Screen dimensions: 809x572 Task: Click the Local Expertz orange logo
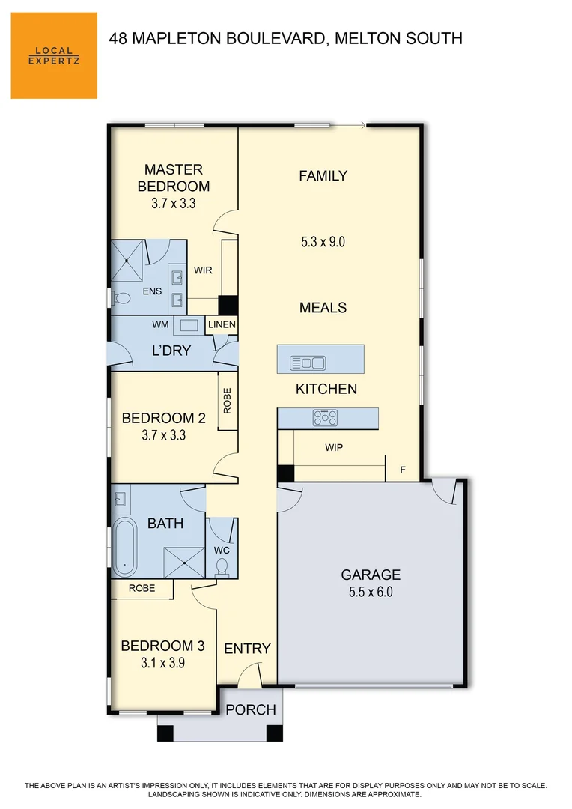tap(54, 55)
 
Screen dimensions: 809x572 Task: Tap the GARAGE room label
tap(371, 575)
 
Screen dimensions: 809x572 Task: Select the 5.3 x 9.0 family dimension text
tap(323, 242)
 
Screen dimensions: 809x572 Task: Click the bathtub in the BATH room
tap(124, 545)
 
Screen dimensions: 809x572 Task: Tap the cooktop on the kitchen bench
tap(325, 417)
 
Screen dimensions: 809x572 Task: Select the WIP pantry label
tap(334, 448)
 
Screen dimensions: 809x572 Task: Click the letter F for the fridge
tap(403, 470)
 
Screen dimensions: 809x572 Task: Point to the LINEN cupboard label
tap(222, 325)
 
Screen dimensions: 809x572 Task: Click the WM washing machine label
tap(160, 325)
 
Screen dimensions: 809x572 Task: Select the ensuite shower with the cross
tap(127, 258)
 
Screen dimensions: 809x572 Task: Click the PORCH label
tap(251, 709)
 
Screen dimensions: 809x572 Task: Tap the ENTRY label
tap(247, 649)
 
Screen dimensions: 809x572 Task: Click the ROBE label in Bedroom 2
tap(227, 401)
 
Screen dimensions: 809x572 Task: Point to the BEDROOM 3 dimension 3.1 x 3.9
tap(162, 663)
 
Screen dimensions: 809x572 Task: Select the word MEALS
tap(323, 307)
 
